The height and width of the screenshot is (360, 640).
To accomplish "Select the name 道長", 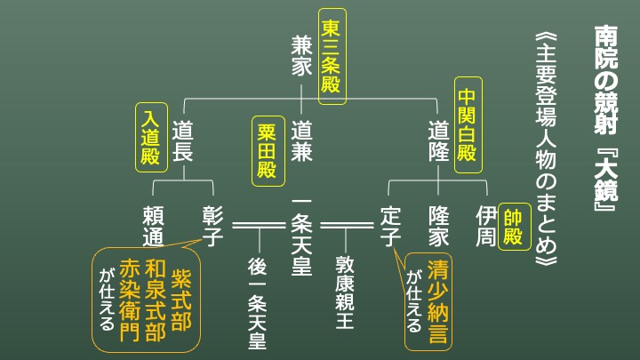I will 182,140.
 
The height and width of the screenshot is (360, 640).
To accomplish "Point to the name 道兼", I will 301,140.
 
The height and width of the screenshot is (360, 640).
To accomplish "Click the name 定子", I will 391,227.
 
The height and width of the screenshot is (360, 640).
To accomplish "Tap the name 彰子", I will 212,227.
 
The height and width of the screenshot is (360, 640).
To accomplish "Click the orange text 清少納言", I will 437,302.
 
